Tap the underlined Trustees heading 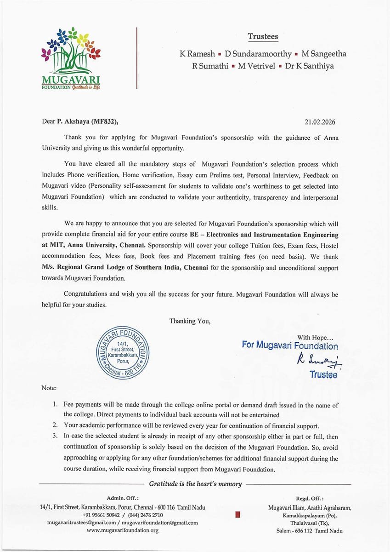263,36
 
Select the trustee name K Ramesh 197,54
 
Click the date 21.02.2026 320,122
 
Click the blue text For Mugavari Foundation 289,345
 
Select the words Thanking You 190,321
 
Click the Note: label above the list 49,388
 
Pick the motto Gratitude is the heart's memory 195,483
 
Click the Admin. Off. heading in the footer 123,498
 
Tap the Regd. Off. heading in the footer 310,498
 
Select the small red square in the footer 237,515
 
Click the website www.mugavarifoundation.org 123,530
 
